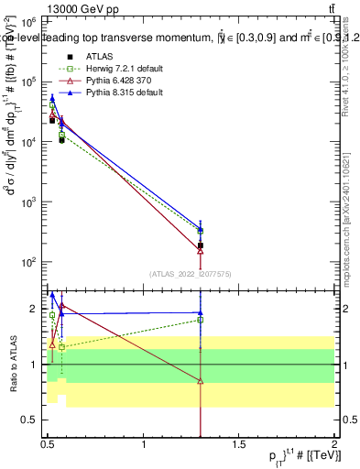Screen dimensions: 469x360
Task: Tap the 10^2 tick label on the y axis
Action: [x=29, y=263]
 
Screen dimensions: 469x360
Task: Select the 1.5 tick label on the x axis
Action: [x=239, y=446]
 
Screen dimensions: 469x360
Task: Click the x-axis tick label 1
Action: [x=144, y=446]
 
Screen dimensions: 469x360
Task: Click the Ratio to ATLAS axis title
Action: [x=12, y=364]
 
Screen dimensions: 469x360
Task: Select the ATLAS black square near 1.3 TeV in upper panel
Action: [x=200, y=245]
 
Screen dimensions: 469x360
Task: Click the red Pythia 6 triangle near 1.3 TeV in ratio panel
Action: [x=200, y=381]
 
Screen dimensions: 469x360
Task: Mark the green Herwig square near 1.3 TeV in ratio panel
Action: [x=200, y=320]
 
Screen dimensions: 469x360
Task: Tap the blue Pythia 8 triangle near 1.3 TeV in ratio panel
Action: [x=200, y=312]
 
